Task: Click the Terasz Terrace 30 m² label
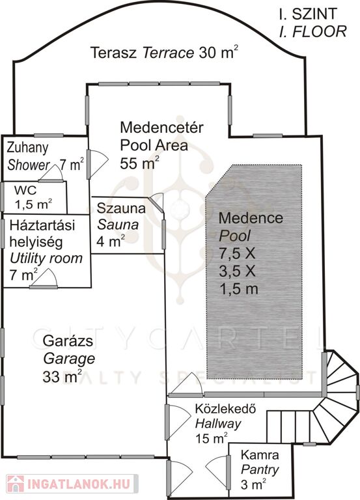(164, 52)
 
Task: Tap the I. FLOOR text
(313, 31)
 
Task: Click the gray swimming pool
(254, 271)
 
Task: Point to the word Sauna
(118, 225)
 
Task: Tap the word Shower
(28, 165)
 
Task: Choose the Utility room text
(46, 258)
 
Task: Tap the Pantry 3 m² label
(260, 469)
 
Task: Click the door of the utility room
(44, 279)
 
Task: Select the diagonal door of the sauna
(156, 202)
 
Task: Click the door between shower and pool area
(97, 164)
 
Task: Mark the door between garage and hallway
(177, 422)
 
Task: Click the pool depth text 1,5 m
(238, 289)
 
